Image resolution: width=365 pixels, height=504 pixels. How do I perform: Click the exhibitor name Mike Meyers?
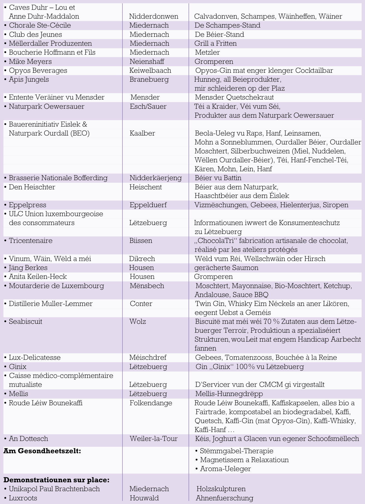30,61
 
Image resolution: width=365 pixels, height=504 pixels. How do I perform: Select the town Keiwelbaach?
150,70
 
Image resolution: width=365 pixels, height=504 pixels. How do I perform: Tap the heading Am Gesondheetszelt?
42,451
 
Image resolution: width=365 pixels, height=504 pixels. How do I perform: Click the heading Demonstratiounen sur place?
56,480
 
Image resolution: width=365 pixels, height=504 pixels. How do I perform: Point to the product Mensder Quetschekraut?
234,97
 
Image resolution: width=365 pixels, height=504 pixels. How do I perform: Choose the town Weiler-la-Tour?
153,438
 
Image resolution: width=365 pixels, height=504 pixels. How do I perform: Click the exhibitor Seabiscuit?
26,321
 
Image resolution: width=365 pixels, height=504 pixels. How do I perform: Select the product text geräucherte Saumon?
226,267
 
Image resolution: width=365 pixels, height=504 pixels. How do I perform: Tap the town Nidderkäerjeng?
155,178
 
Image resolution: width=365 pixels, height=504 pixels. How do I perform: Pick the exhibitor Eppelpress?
28,205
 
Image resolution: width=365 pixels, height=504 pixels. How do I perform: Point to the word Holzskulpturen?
221,489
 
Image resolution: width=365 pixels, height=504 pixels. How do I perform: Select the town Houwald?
144,498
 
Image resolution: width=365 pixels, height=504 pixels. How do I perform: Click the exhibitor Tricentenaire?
31,240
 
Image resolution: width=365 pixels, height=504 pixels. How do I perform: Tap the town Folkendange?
151,403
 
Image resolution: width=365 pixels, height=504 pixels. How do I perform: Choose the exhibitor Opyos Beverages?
38,70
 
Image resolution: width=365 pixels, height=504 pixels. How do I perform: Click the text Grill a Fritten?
216,43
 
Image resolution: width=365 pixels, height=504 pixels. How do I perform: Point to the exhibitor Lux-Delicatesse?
35,357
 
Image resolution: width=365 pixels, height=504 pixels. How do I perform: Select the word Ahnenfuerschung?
224,498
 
